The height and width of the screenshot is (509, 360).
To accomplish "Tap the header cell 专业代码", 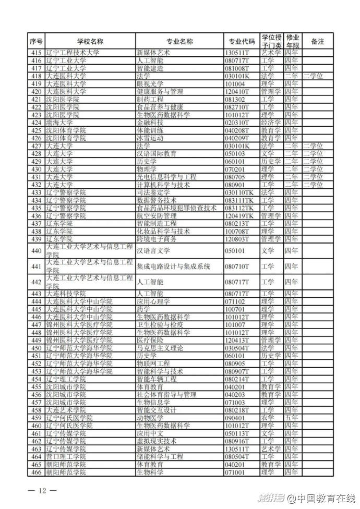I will (x=242, y=41).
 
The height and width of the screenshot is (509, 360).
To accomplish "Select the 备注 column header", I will (x=317, y=41).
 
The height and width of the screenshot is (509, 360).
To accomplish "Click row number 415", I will (x=36, y=52).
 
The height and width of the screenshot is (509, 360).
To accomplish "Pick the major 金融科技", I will (x=150, y=123).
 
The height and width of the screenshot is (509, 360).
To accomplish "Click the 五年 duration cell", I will (x=292, y=418).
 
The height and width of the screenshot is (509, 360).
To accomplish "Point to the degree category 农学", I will (x=268, y=418).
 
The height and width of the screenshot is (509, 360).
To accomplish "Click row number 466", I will (x=36, y=472).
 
